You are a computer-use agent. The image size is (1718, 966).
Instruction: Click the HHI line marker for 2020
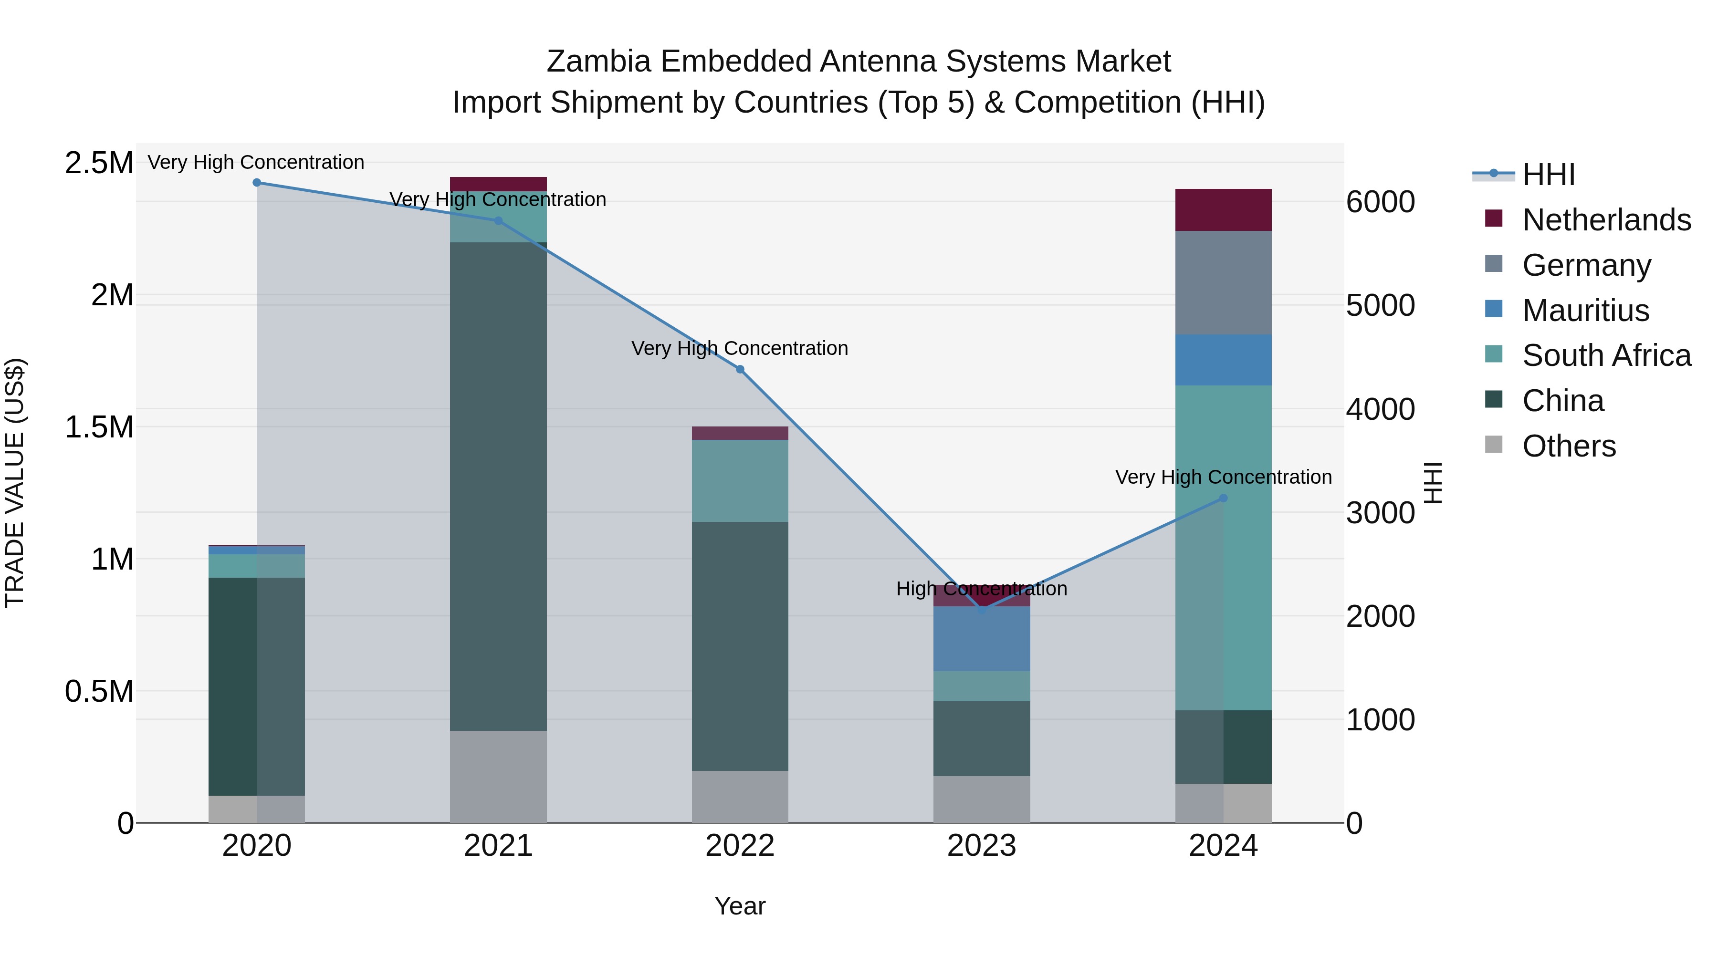point(257,183)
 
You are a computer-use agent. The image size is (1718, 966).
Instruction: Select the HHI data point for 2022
point(740,369)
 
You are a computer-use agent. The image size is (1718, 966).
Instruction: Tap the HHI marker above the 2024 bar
point(1223,498)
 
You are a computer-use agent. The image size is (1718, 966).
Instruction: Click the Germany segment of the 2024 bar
point(1223,283)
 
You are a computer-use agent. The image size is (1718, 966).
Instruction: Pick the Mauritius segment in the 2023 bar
point(981,639)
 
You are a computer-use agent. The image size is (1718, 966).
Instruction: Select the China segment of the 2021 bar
point(498,487)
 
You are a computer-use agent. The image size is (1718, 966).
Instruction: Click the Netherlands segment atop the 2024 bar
point(1223,210)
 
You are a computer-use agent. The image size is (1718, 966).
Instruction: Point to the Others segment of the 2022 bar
point(740,797)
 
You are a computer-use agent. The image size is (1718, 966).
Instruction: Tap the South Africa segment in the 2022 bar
point(740,481)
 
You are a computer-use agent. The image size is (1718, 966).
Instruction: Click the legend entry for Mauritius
point(1585,311)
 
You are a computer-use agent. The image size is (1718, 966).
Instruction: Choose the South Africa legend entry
point(1606,356)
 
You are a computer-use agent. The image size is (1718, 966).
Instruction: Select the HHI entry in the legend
point(1548,175)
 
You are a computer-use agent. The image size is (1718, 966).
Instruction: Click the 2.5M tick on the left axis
point(99,163)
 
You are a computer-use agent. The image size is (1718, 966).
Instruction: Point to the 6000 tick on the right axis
point(1380,202)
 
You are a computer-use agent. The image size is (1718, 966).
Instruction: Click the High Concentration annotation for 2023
point(981,589)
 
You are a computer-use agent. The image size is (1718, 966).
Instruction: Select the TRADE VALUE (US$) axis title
point(15,483)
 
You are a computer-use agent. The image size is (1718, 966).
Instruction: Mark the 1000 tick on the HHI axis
point(1380,720)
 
